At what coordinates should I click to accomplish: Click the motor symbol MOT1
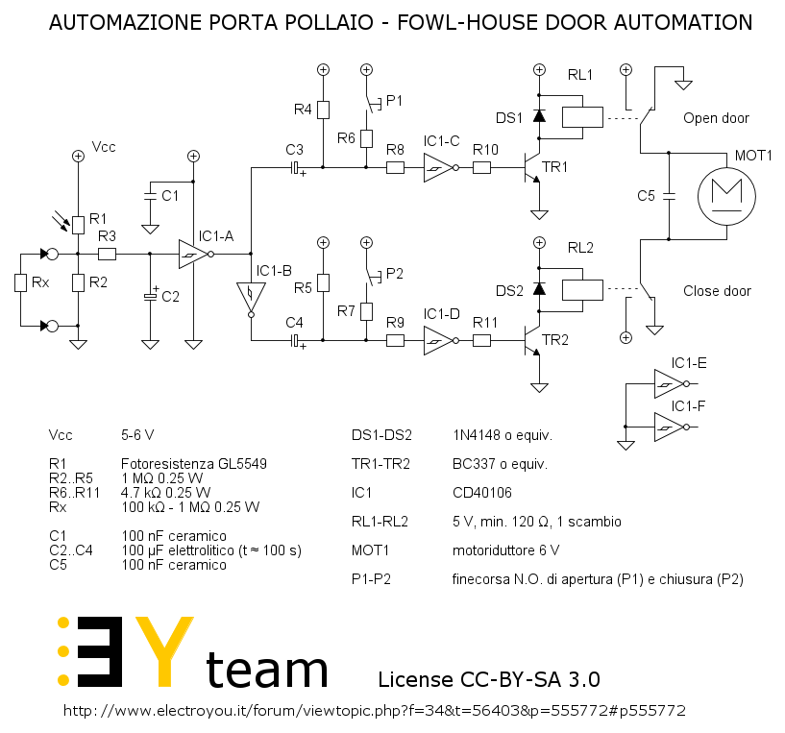726,196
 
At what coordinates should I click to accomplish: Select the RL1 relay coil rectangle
582,117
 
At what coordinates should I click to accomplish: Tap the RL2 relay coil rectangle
582,290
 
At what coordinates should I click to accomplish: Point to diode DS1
539,116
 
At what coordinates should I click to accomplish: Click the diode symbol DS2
539,289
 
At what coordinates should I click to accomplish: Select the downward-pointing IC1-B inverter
251,300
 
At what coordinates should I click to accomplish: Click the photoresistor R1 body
78,226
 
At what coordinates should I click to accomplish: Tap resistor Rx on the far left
20,282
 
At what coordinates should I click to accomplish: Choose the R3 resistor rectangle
108,254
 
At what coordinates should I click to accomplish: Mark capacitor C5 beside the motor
669,196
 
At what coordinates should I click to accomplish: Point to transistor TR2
532,340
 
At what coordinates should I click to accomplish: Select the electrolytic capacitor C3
296,168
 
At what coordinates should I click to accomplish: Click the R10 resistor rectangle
481,168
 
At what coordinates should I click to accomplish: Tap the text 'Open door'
716,118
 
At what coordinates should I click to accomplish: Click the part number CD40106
482,493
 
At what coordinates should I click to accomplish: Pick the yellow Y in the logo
164,651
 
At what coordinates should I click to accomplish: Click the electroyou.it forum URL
375,711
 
